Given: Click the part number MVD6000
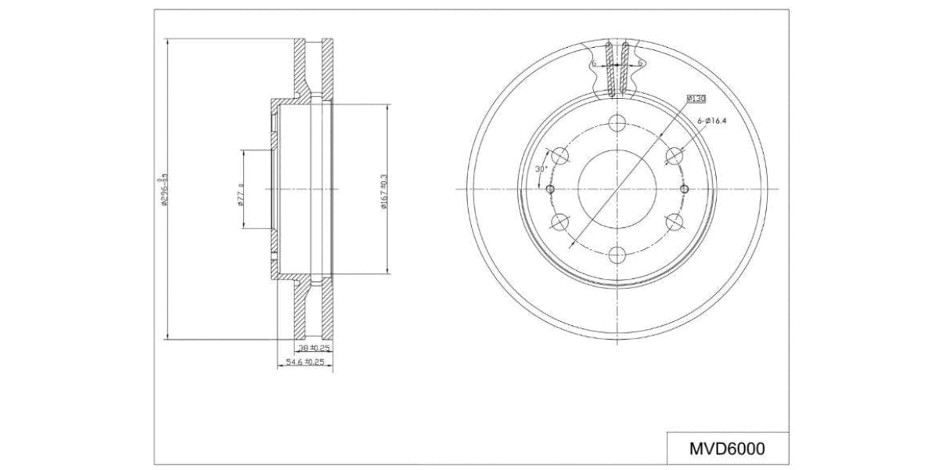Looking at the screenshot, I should coord(726,450).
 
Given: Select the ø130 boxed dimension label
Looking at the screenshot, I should coord(696,99).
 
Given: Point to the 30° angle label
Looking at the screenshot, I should coord(539,169).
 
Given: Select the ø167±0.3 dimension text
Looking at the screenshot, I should coord(383,190).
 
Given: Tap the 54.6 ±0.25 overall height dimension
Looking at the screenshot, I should coord(304,362).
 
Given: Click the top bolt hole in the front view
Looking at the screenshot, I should coord(617,124).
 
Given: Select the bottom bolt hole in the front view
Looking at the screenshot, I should coord(617,255).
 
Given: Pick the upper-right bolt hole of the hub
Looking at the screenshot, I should coord(674,157).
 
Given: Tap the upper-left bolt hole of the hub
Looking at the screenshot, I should coord(560,157).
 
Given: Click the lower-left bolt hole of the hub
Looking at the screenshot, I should coord(560,222).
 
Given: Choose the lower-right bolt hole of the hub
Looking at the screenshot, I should coord(674,222).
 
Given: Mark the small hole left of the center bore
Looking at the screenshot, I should coord(550,190).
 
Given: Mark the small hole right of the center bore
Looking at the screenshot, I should coord(684,190).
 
